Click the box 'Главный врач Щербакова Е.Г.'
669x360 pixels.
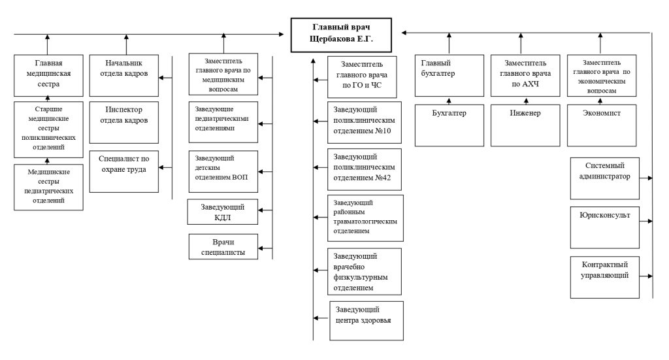341,35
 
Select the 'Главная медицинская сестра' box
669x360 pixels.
48,76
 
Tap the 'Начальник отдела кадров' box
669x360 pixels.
123,76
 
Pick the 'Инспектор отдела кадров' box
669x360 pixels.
123,122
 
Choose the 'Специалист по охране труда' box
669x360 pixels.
123,171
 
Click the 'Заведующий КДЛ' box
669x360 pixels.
223,212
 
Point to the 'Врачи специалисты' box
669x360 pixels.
223,246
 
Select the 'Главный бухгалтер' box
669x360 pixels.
449,76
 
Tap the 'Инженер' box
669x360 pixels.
525,125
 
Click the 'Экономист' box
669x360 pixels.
602,125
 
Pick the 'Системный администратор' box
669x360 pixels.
604,178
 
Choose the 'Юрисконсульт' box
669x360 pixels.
604,227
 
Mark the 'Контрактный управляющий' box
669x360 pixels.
604,277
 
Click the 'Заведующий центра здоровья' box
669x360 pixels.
367,321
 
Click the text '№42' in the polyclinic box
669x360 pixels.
383,178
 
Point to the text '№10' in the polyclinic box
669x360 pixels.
383,131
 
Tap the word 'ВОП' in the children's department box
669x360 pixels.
240,177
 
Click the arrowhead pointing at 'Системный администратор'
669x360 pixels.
650,178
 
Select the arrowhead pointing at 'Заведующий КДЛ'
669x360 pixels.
261,210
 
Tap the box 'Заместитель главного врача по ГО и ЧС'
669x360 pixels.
362,77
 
